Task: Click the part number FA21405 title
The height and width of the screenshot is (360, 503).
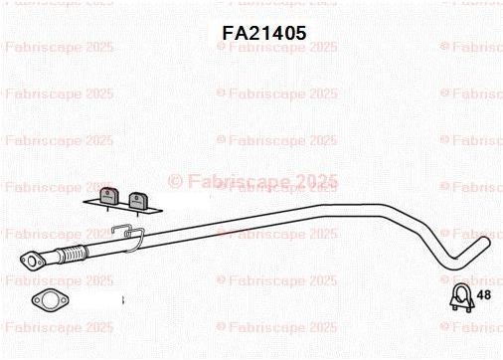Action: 264,33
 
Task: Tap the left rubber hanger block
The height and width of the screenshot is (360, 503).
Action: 109,197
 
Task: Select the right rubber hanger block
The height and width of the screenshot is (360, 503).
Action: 138,201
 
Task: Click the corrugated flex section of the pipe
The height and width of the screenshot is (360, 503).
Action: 73,255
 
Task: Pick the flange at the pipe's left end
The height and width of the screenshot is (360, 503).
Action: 32,261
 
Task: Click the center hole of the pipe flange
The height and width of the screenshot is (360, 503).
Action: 32,262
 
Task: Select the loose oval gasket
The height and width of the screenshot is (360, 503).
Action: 50,300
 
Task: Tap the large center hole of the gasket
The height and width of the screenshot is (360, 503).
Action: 51,300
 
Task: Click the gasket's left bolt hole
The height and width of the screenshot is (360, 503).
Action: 37,300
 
